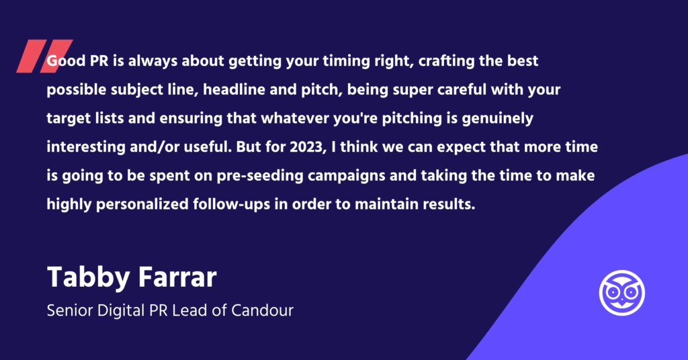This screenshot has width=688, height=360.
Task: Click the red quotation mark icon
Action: (x=44, y=56)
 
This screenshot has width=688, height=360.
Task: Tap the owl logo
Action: (x=621, y=292)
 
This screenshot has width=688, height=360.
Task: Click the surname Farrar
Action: (x=177, y=277)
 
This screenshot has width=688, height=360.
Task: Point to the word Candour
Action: (x=262, y=310)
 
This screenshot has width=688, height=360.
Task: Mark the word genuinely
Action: (x=498, y=119)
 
